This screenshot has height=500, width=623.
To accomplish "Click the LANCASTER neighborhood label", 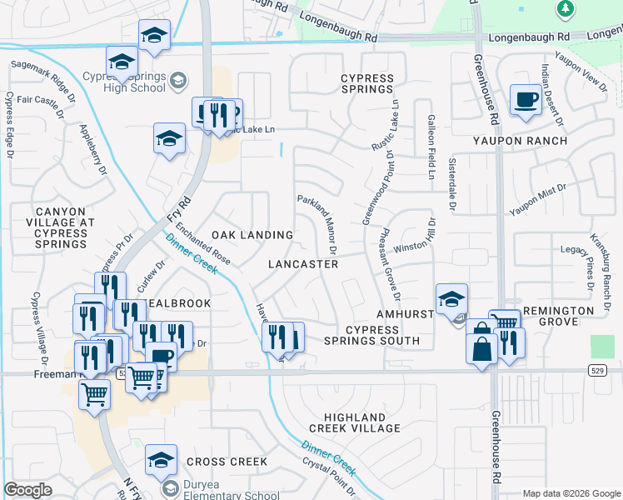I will coord(303,264).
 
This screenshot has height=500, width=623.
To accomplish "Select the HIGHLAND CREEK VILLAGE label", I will coord(355,422).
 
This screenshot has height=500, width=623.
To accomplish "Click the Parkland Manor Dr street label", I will coord(317,224).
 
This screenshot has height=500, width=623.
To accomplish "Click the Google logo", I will coord(28,490).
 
